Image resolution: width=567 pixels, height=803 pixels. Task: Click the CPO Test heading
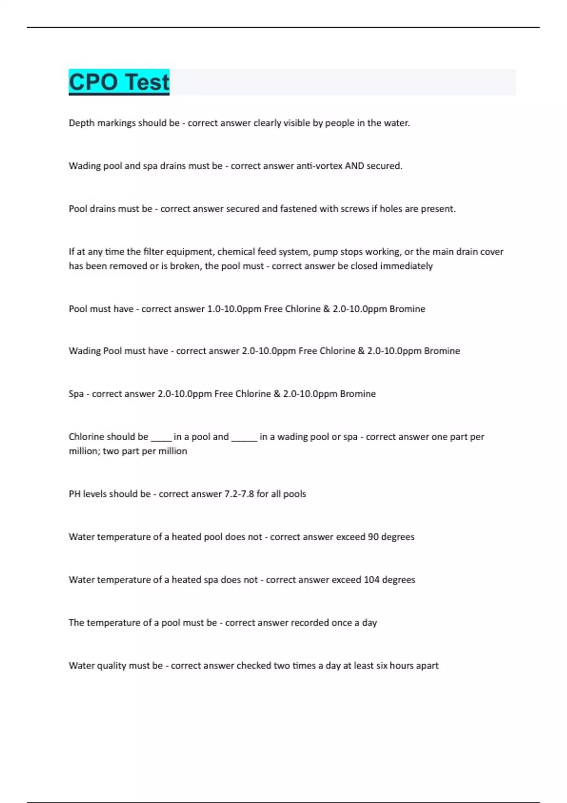[119, 82]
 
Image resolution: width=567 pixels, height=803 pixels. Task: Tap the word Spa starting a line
[76, 394]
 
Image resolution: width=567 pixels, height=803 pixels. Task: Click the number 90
[373, 537]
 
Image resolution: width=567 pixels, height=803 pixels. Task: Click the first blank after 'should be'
[161, 437]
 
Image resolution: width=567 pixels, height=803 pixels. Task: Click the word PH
[75, 494]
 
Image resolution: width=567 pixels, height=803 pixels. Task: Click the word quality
[112, 666]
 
